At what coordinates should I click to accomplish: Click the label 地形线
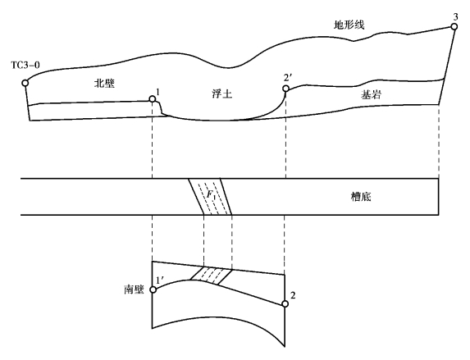pyautogui.click(x=349, y=25)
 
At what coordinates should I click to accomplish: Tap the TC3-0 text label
pyautogui.click(x=25, y=65)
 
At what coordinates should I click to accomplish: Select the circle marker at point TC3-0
pyautogui.click(x=25, y=83)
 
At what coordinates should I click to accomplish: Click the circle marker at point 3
pyautogui.click(x=454, y=27)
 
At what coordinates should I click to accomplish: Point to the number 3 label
pyautogui.click(x=455, y=16)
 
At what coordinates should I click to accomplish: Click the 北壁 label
pyautogui.click(x=105, y=83)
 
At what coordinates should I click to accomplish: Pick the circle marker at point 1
pyautogui.click(x=153, y=99)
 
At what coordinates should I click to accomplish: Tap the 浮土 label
pyautogui.click(x=221, y=94)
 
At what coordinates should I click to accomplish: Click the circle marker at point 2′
pyautogui.click(x=285, y=89)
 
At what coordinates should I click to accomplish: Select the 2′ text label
pyautogui.click(x=287, y=78)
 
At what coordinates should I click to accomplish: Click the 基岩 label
pyautogui.click(x=371, y=95)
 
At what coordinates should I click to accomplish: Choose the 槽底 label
pyautogui.click(x=361, y=197)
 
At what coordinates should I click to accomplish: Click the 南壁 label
pyautogui.click(x=134, y=289)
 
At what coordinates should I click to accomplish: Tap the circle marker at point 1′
pyautogui.click(x=153, y=289)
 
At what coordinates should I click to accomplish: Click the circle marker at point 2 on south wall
pyautogui.click(x=285, y=304)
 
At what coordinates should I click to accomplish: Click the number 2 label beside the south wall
pyautogui.click(x=293, y=295)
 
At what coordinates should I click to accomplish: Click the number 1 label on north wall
pyautogui.click(x=157, y=92)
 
